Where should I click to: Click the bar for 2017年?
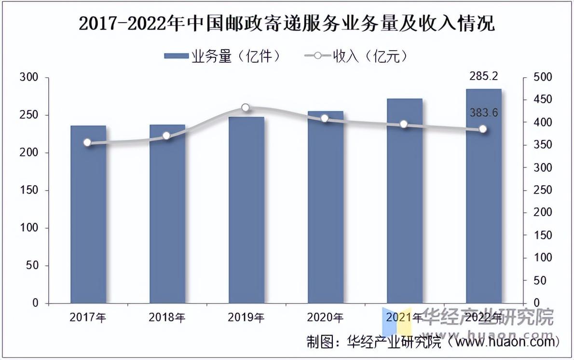click(88, 214)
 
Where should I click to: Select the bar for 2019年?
click(246, 210)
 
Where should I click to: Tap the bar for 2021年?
click(404, 201)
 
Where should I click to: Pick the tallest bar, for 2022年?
click(483, 196)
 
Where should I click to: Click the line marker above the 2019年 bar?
click(246, 108)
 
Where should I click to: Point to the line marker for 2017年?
click(87, 142)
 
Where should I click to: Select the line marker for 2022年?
click(482, 129)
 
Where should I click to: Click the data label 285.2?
click(483, 76)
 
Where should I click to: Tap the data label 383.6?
click(483, 113)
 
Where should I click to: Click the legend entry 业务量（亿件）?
click(222, 56)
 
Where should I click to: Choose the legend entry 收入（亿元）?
click(357, 56)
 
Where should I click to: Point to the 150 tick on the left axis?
click(34, 190)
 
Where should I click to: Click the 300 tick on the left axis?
click(34, 77)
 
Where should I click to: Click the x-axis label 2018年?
click(167, 317)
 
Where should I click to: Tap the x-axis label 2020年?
click(325, 317)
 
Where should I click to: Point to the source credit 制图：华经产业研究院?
click(374, 342)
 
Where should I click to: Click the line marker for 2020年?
click(325, 118)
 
